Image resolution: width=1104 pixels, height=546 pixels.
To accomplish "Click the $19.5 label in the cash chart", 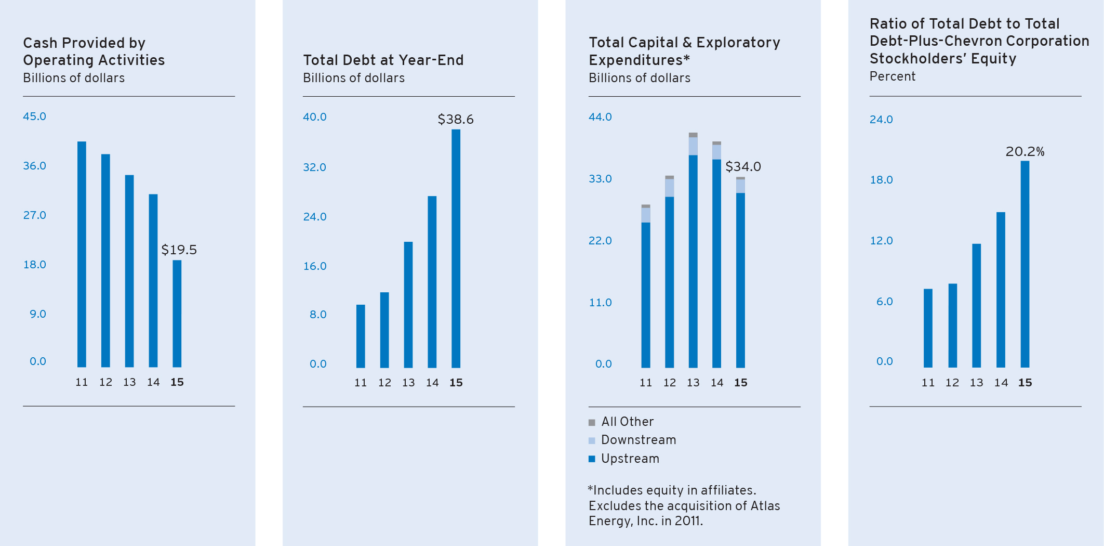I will pyautogui.click(x=179, y=250).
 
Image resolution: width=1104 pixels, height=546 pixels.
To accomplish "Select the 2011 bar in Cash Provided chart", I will pyautogui.click(x=82, y=254).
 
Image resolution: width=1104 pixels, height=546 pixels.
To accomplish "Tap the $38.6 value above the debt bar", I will pyautogui.click(x=456, y=120).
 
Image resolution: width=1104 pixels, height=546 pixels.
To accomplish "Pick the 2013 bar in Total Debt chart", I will pyautogui.click(x=408, y=305).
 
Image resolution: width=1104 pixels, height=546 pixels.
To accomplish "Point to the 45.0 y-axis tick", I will pyautogui.click(x=34, y=116).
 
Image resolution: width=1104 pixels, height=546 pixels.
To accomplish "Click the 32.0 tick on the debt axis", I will pyautogui.click(x=314, y=167).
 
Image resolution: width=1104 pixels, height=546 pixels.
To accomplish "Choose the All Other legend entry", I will pyautogui.click(x=627, y=422).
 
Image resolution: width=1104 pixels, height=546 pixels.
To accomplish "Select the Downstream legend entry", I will pyautogui.click(x=638, y=440).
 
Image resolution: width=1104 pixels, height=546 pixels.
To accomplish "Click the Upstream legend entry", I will pyautogui.click(x=630, y=459).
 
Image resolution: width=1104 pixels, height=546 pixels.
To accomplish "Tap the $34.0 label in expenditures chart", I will pyautogui.click(x=743, y=167).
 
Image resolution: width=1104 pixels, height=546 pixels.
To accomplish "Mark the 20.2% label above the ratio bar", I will pyautogui.click(x=1025, y=152).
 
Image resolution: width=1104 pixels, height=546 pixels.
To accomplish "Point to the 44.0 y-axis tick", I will pyautogui.click(x=600, y=117).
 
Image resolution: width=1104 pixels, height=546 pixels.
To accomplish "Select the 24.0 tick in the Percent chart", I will pyautogui.click(x=881, y=120).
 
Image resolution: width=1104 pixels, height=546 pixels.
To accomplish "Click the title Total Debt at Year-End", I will pyautogui.click(x=383, y=60).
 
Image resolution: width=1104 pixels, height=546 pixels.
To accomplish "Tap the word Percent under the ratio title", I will pyautogui.click(x=893, y=76).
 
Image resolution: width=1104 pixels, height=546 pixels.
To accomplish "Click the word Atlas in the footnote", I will pyautogui.click(x=765, y=506).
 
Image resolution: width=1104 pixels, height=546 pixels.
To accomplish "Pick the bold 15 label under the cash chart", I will pyautogui.click(x=177, y=382).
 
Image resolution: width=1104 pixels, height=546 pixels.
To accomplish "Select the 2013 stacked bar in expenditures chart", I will pyautogui.click(x=693, y=250).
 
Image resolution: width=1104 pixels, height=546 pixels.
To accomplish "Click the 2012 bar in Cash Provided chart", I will pyautogui.click(x=105, y=261).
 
